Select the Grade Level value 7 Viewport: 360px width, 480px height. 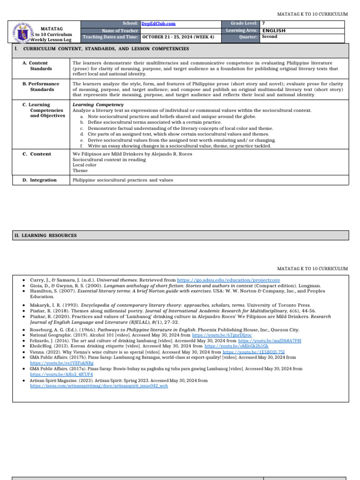(x=263, y=23)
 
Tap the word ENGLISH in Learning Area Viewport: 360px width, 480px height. (x=274, y=30)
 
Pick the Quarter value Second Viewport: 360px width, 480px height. (x=270, y=37)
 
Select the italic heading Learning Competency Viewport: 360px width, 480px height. (x=98, y=105)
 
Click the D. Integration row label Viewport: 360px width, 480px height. (x=39, y=180)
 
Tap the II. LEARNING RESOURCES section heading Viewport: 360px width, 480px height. (x=45, y=235)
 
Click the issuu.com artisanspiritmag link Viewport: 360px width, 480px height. (x=99, y=386)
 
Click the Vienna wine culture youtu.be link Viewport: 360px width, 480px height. (x=254, y=352)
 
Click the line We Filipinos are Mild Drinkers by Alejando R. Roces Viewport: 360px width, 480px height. (x=132, y=154)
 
